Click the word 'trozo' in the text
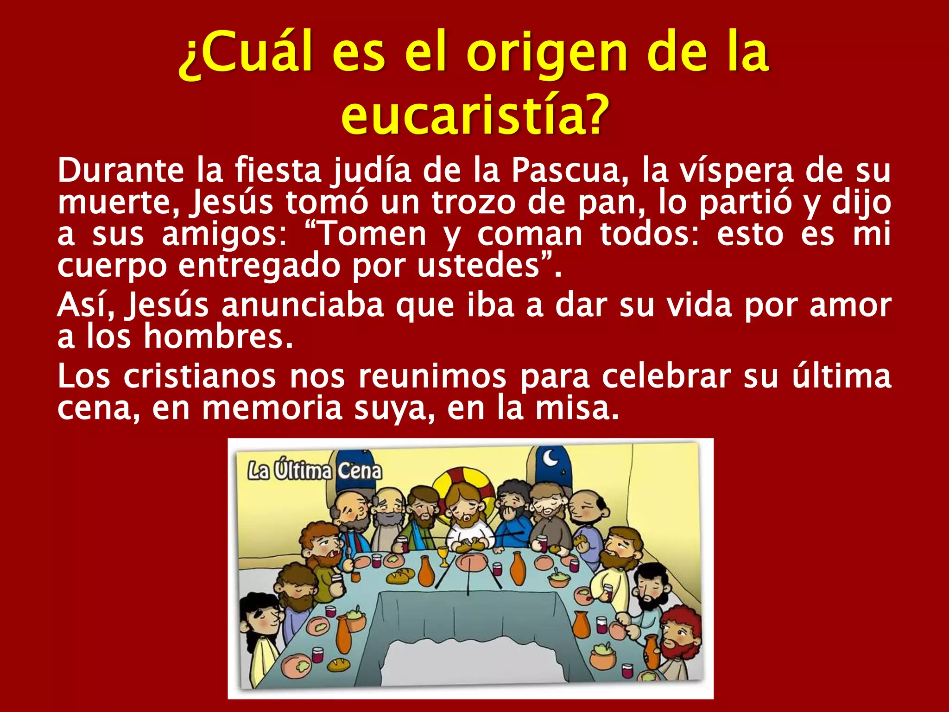click(x=474, y=203)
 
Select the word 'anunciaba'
click(x=303, y=305)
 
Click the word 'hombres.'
click(x=218, y=337)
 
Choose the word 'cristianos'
click(x=200, y=376)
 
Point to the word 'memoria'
click(x=272, y=408)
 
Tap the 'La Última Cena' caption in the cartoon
click(x=315, y=471)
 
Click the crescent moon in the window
click(x=551, y=458)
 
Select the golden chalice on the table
click(x=443, y=554)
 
